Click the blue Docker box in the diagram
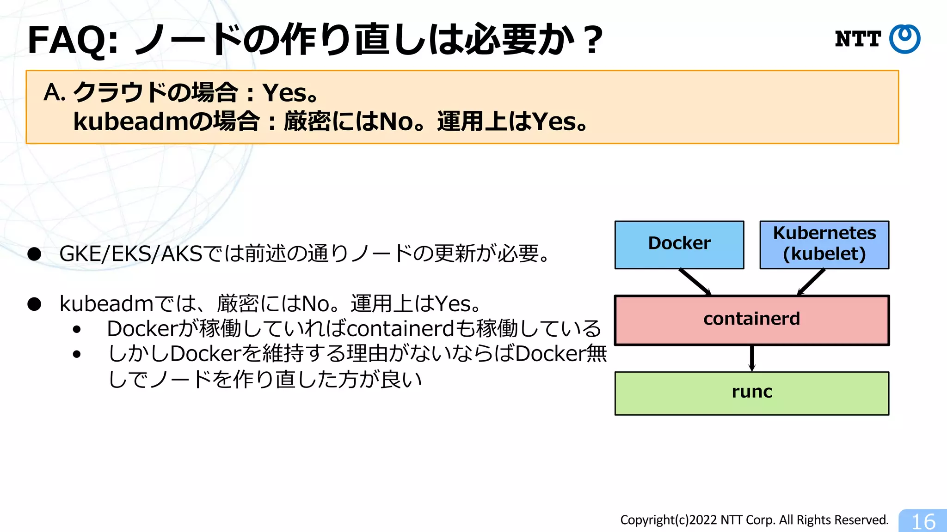pos(679,244)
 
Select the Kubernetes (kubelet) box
pos(824,244)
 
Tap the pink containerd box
pos(751,320)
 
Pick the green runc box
pos(751,393)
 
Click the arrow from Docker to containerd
pos(695,282)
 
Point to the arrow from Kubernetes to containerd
pos(812,282)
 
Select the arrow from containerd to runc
pos(752,358)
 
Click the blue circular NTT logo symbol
pos(904,39)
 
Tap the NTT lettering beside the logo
pos(858,39)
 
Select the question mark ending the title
pos(592,41)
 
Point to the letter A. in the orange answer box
pos(54,92)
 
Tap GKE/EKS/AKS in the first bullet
pos(131,254)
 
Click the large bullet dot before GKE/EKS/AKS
pos(34,254)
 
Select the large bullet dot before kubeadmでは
pos(34,304)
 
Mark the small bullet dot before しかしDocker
pos(77,354)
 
